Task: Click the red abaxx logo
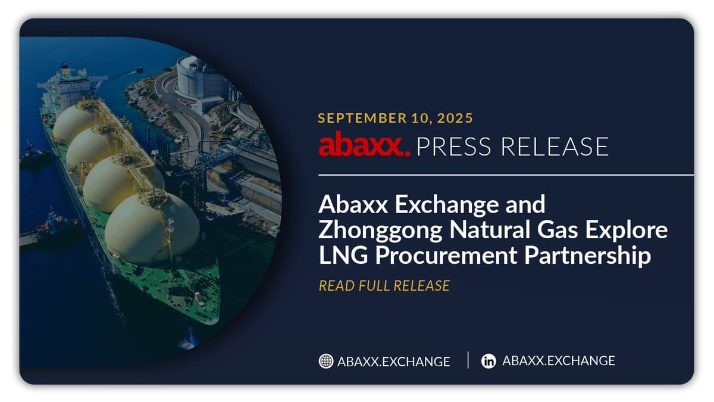pos(364,146)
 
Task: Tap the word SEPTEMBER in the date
pos(356,118)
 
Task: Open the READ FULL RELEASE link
pos(384,286)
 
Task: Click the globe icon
pos(325,361)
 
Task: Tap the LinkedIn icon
pos(488,361)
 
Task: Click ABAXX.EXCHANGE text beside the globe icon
pos(393,362)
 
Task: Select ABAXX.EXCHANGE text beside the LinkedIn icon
pos(558,361)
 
